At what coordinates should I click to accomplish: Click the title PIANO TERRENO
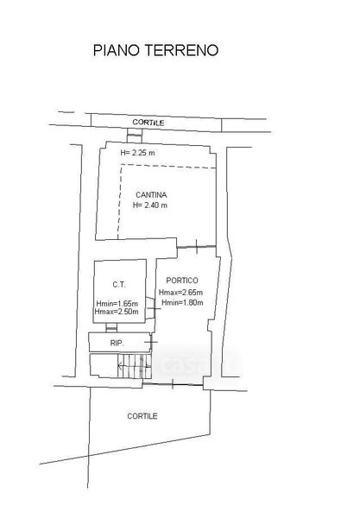[155, 50]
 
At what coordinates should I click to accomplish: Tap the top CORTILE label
[148, 123]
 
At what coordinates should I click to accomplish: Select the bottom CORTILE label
[142, 416]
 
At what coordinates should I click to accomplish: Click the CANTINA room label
[151, 195]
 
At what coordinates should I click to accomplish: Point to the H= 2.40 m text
[150, 205]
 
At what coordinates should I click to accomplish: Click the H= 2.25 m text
[137, 153]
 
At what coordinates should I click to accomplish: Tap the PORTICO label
[182, 281]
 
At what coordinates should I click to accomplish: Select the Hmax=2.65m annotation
[180, 293]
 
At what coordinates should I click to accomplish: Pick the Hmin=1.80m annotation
[182, 302]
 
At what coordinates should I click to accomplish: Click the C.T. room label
[119, 284]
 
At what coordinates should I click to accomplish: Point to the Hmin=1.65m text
[117, 304]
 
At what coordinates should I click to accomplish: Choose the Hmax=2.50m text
[117, 312]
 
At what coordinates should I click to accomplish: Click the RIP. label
[117, 344]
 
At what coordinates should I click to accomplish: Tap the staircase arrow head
[119, 366]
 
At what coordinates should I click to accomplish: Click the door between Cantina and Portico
[197, 247]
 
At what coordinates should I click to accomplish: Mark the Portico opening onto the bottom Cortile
[173, 384]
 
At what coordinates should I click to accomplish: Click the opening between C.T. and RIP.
[111, 328]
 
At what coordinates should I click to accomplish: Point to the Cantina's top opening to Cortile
[135, 138]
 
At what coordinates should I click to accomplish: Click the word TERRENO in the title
[182, 50]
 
